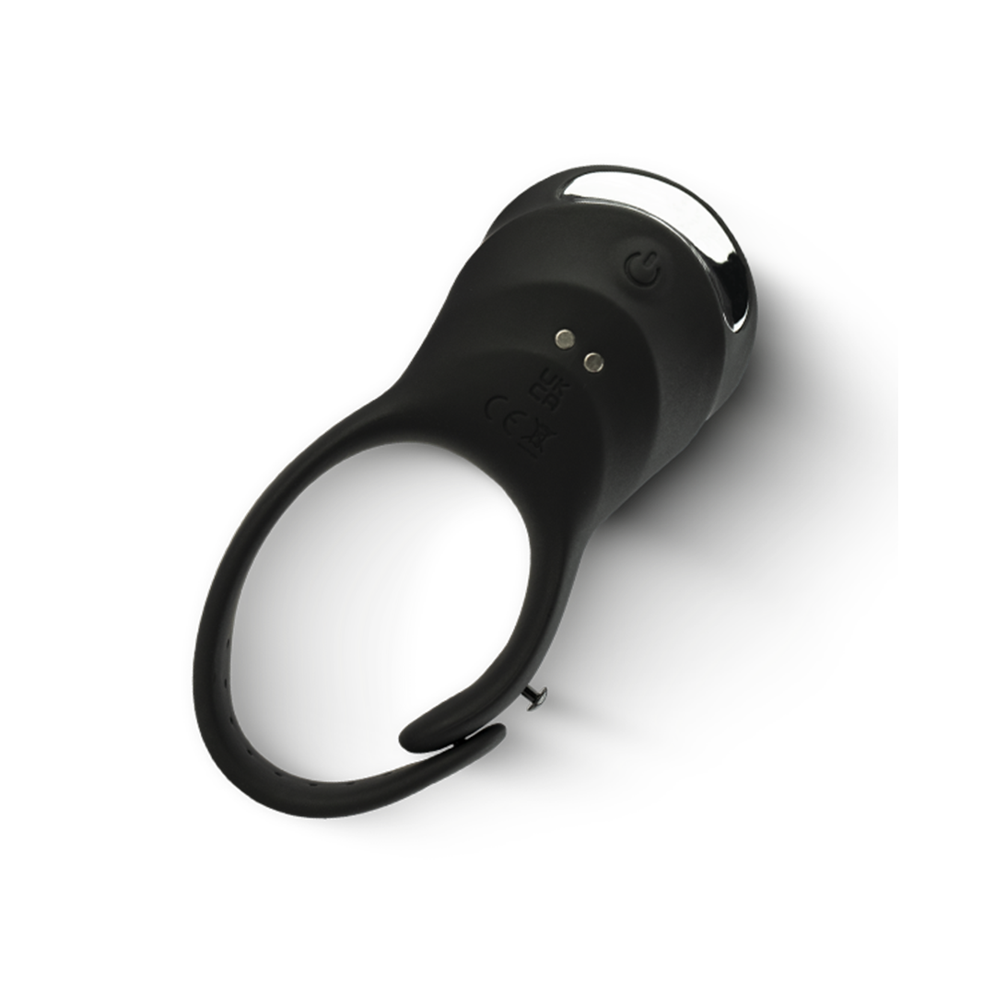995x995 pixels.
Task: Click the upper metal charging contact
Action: tap(563, 338)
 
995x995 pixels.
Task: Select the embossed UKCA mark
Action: tap(558, 392)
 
